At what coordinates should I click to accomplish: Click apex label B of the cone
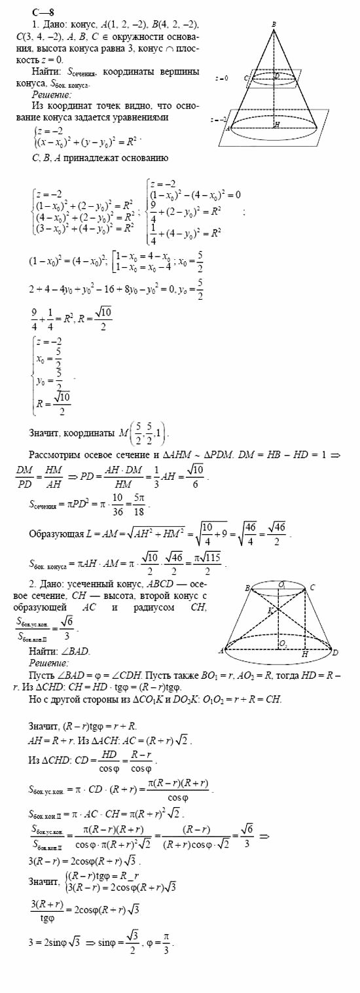273,24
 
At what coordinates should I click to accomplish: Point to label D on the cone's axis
277,76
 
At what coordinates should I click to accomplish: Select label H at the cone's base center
278,123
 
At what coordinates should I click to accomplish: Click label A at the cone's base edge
228,129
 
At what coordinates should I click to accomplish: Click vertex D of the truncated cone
335,653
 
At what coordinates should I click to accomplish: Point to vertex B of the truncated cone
247,588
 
